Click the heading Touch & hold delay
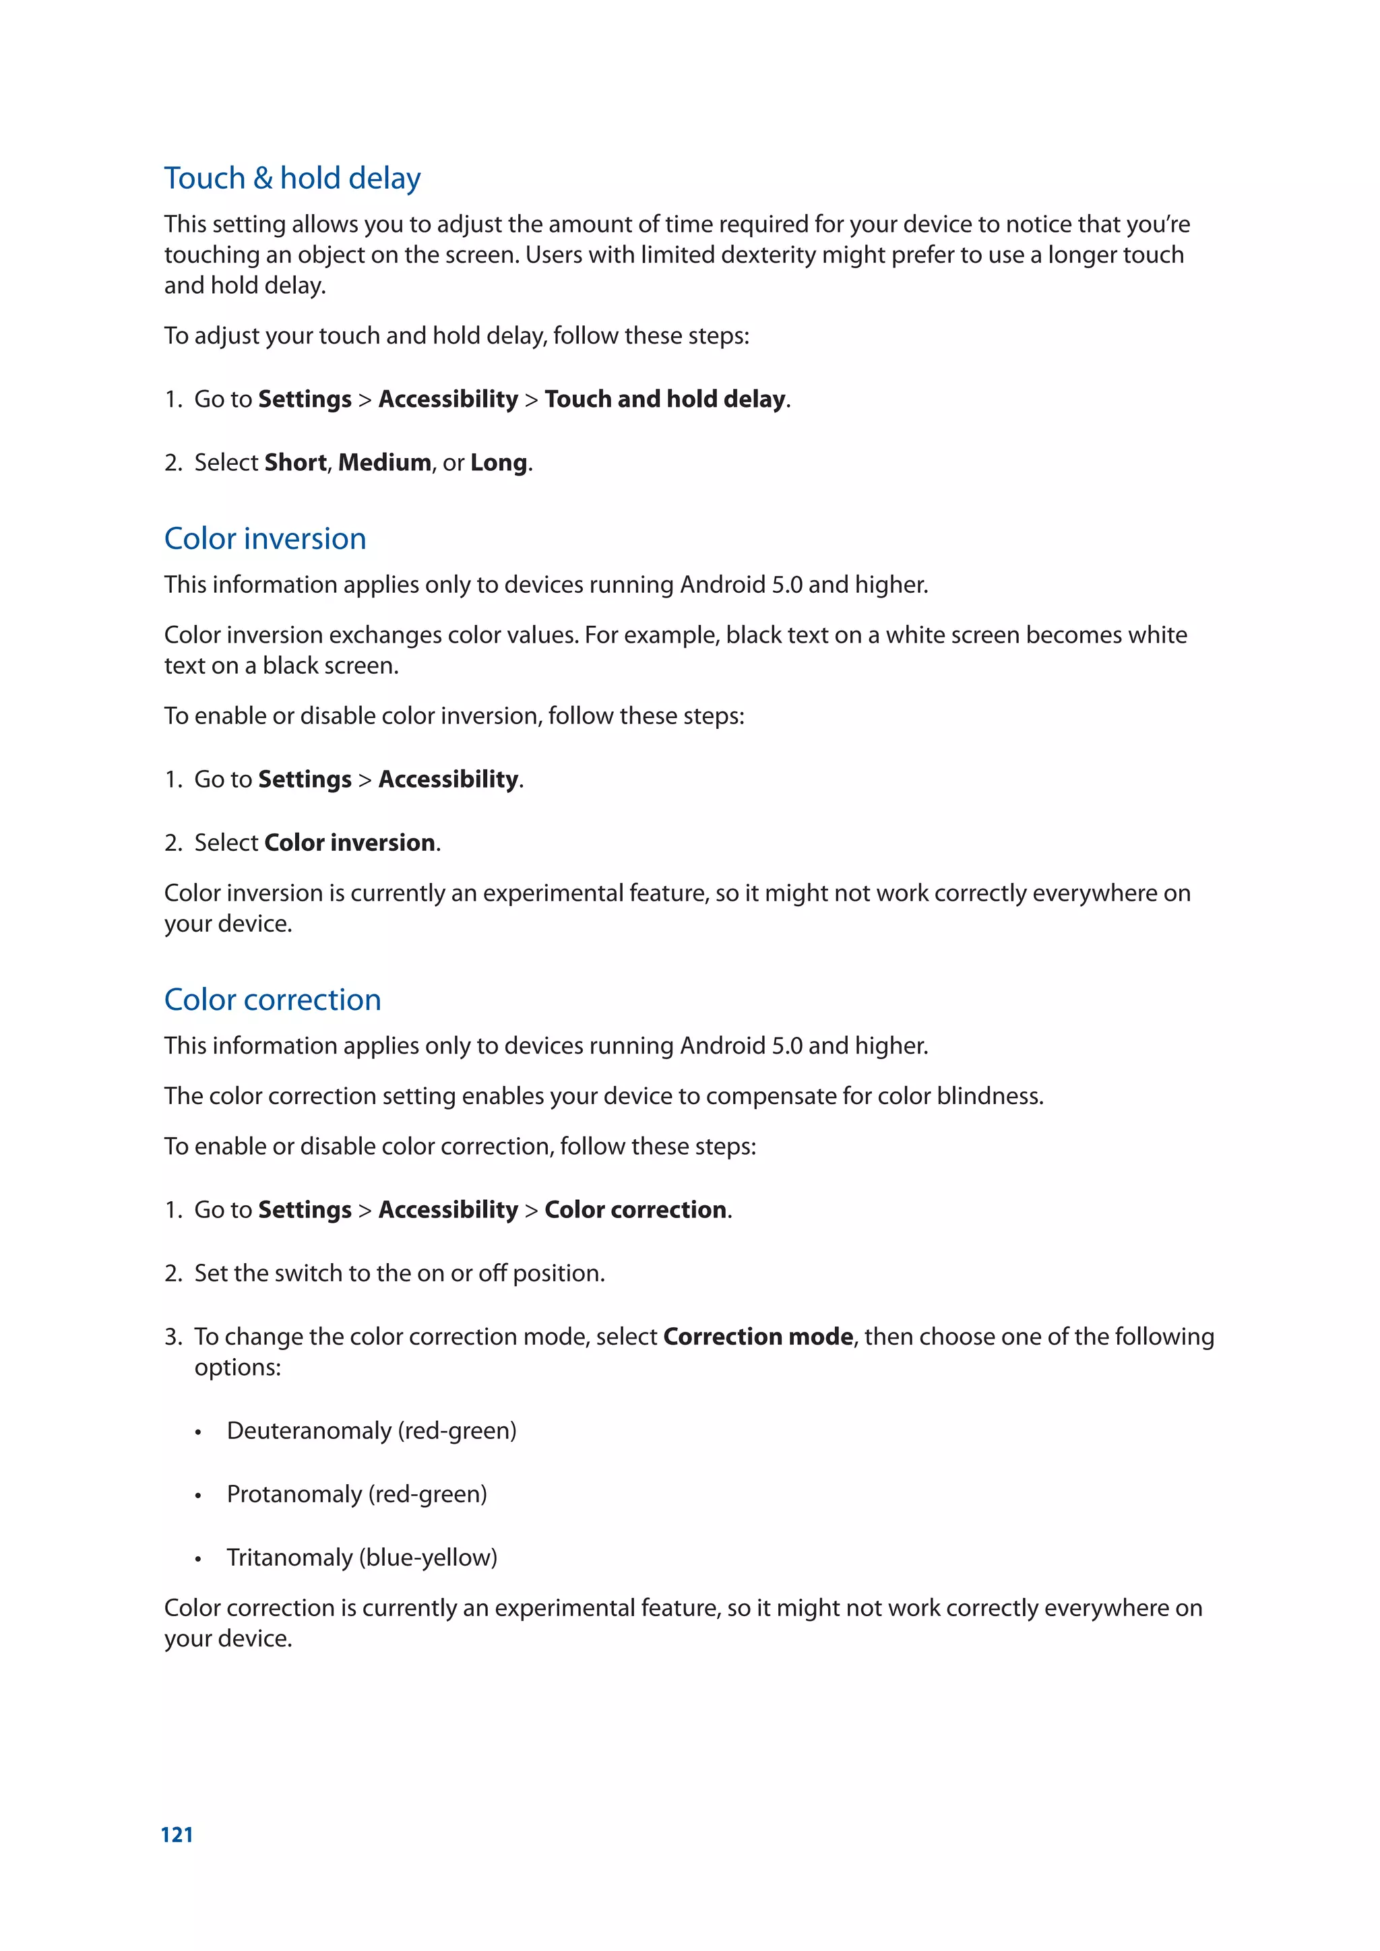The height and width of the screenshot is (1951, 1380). click(292, 179)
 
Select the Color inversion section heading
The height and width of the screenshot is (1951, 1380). click(264, 539)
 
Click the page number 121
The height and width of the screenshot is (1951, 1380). click(177, 1834)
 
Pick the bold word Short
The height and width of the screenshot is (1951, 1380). click(295, 462)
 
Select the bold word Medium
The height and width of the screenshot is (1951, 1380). click(384, 462)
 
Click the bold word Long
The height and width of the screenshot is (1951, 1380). click(499, 462)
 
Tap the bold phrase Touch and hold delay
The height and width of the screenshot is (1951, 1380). click(664, 399)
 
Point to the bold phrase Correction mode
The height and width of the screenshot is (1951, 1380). click(758, 1337)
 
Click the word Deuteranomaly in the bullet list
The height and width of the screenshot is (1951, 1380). click(309, 1431)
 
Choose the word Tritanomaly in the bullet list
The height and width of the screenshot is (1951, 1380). click(289, 1558)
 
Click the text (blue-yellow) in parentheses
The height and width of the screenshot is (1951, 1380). click(429, 1558)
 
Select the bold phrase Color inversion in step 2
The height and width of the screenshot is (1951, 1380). click(349, 842)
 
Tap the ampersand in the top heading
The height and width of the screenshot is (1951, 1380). click(263, 179)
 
